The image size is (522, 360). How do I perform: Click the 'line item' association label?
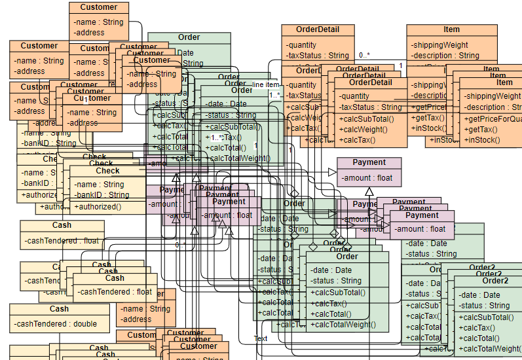pyautogui.click(x=266, y=84)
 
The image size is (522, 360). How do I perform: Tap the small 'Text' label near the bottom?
pyautogui.click(x=261, y=338)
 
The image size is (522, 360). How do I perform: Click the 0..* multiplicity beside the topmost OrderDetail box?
pyautogui.click(x=364, y=55)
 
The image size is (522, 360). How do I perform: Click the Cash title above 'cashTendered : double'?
pyautogui.click(x=59, y=309)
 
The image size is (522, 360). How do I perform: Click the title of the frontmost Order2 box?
pyautogui.click(x=495, y=280)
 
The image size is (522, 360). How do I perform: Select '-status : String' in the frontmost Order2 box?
pyautogui.click(x=484, y=306)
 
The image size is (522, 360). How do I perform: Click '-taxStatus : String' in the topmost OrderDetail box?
pyautogui.click(x=318, y=56)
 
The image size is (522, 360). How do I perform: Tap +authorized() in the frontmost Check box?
pyautogui.click(x=98, y=206)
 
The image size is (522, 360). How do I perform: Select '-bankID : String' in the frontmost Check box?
pyautogui.click(x=102, y=194)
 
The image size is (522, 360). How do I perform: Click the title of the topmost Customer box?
pyautogui.click(x=98, y=7)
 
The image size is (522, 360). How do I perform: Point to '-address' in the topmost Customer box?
pyautogui.click(x=89, y=32)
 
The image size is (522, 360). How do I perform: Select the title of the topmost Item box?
pyautogui.click(x=451, y=29)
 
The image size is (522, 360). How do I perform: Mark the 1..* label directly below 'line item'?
pyautogui.click(x=274, y=95)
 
